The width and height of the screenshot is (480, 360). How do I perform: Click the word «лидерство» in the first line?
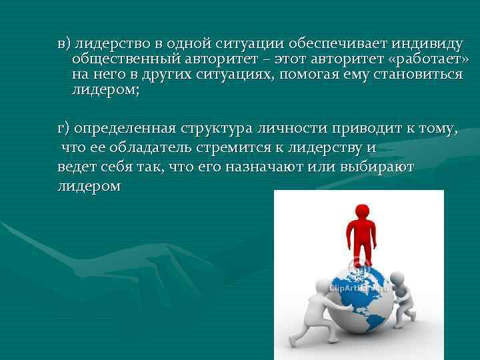tap(108, 44)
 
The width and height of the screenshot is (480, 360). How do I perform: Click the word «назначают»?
tap(261, 167)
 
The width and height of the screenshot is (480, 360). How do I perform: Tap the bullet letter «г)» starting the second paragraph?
tap(64, 129)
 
